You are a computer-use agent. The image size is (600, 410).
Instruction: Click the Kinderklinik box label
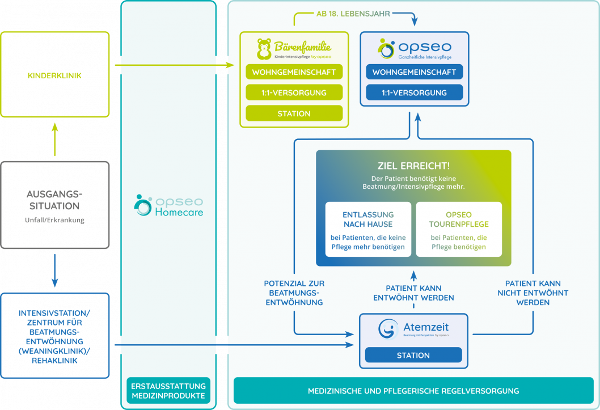click(54, 75)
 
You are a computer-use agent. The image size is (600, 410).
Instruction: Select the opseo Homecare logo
click(169, 205)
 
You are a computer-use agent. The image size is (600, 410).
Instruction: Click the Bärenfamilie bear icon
click(264, 49)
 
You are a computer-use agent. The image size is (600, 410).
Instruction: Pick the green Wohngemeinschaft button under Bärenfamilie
click(294, 73)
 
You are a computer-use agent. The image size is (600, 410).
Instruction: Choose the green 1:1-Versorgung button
click(294, 92)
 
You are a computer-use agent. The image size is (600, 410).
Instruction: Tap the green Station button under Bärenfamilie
click(294, 113)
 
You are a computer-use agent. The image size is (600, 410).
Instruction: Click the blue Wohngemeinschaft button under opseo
click(414, 72)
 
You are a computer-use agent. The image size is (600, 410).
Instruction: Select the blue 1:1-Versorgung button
click(414, 92)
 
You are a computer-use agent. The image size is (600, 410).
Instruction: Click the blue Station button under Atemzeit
click(413, 356)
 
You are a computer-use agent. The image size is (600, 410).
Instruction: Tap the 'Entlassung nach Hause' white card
click(367, 229)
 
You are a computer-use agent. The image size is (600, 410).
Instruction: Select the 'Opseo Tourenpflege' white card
click(458, 229)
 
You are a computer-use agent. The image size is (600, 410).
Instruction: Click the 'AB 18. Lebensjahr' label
click(353, 14)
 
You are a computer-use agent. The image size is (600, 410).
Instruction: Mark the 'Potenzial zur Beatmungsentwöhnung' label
click(294, 293)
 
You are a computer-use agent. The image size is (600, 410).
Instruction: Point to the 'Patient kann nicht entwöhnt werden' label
click(533, 293)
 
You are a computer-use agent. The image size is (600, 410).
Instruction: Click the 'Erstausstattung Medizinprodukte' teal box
click(168, 391)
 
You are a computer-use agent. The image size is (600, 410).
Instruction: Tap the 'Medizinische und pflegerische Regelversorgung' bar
click(413, 391)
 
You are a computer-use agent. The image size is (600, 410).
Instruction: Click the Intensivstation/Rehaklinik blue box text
click(54, 336)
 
